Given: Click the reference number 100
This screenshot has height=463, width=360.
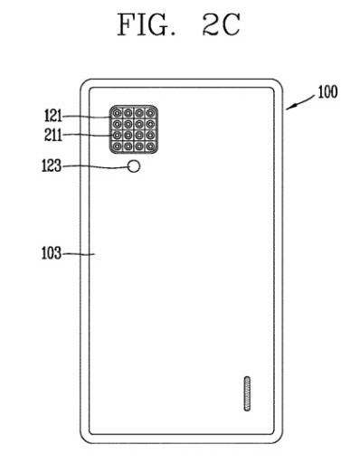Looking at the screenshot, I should (x=327, y=92).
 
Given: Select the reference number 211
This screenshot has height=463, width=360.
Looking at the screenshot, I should (x=53, y=137).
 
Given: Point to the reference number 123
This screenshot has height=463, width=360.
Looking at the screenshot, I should (x=53, y=167).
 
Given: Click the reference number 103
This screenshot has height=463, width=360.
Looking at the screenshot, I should (x=53, y=255).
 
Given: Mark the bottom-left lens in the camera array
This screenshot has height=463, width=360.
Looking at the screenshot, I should (x=118, y=146).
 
